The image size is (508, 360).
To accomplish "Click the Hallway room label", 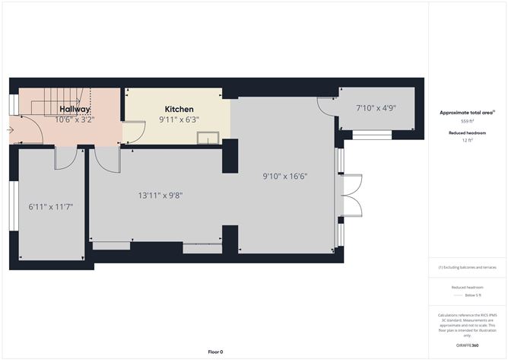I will point(75,110).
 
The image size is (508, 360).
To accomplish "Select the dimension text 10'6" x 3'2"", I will point(75,119).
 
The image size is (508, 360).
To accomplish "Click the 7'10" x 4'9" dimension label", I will point(376,108).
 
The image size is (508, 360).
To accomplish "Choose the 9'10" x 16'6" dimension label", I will point(285,176).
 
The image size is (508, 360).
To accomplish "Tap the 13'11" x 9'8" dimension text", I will point(160,196).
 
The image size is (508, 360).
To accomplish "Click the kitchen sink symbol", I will point(207,138).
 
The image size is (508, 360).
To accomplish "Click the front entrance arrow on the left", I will point(10,130).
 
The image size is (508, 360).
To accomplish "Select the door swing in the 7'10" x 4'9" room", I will point(329,107).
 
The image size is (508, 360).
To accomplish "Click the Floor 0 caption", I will point(215,352).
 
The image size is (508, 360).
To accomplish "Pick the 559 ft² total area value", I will point(467,121).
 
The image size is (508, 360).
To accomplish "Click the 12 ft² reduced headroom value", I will point(467,140).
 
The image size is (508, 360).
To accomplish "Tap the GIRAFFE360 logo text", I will point(467,346).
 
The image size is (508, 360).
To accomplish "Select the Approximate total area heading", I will point(466,113).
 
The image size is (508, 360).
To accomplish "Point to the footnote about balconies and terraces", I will point(467,268).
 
